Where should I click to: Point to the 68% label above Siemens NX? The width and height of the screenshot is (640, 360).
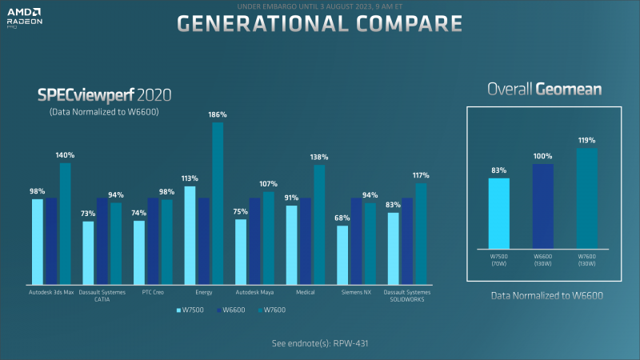coord(342,218)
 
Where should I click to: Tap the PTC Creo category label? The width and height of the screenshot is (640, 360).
coord(154,292)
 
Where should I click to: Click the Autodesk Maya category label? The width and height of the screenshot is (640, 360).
coord(255,292)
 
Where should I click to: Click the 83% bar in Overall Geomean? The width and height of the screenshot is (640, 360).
coord(499,212)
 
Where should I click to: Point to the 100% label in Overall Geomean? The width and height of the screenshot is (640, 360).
coord(543,156)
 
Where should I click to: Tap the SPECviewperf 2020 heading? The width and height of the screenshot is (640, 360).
coord(105,95)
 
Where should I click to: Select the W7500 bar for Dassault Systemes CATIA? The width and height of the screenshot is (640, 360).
coord(89,253)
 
